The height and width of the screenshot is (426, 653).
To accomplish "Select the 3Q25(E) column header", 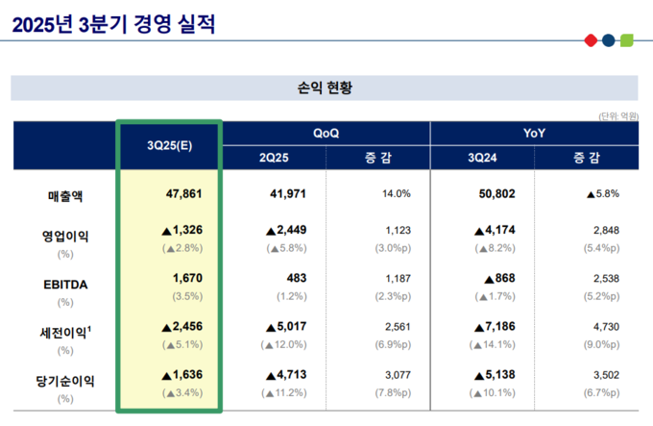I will point(169,145).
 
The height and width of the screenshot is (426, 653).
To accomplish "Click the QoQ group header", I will point(326,133).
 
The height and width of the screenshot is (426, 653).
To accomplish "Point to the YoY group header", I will point(535,133).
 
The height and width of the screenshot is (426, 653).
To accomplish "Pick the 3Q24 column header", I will point(483,158).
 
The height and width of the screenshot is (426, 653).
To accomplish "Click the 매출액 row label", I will point(65,195).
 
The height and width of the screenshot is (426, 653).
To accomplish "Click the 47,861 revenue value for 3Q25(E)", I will point(183,194).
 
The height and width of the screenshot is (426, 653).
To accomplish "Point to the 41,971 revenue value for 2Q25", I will point(288,194).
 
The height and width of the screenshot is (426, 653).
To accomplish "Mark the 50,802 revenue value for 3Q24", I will point(496,194).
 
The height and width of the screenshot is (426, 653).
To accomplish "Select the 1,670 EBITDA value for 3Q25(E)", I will point(189,279).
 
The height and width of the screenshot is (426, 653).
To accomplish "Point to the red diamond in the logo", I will point(591,40).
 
